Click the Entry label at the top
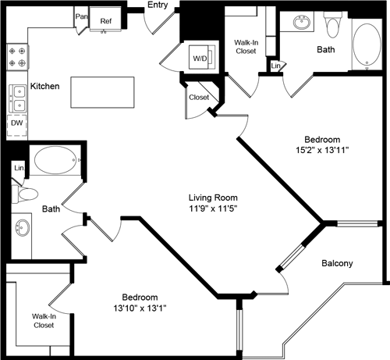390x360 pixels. coord(159,6)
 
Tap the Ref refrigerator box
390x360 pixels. coord(105,22)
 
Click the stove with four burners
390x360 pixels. coord(16,56)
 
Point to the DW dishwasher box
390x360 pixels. coord(16,123)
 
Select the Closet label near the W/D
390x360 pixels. coord(199,98)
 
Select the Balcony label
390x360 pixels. coord(337,263)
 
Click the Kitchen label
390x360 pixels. coord(45,86)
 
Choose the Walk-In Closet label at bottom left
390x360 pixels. coord(43,320)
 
